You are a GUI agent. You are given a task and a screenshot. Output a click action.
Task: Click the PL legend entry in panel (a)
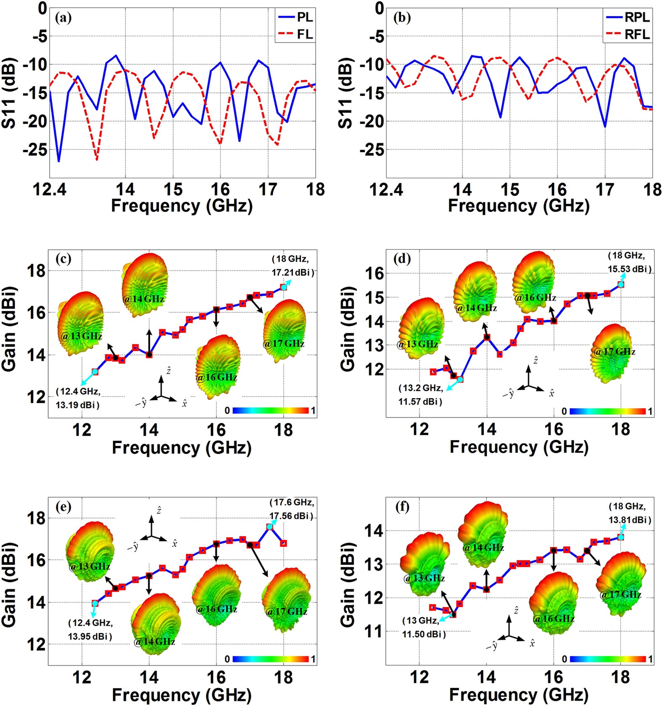(304, 18)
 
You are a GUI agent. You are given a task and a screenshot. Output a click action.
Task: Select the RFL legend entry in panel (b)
(637, 34)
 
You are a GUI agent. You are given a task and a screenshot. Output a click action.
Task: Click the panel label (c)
(64, 258)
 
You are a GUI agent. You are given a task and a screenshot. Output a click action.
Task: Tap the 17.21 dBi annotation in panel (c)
(292, 272)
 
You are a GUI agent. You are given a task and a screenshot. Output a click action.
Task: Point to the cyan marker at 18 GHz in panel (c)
(284, 287)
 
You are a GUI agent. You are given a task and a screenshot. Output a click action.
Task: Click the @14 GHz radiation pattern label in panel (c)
(144, 299)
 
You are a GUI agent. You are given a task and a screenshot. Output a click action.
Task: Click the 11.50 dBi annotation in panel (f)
(423, 634)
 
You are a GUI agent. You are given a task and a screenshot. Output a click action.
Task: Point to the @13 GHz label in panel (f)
(424, 578)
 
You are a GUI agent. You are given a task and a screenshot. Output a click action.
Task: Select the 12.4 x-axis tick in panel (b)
(386, 190)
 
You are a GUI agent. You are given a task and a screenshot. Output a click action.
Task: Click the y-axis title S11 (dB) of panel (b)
(346, 93)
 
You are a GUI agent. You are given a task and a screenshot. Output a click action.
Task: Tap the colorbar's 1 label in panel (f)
(650, 659)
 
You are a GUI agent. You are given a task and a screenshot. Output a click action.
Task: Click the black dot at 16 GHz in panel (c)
(216, 309)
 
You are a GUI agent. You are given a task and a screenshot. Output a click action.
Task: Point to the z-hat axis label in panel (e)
(159, 510)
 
